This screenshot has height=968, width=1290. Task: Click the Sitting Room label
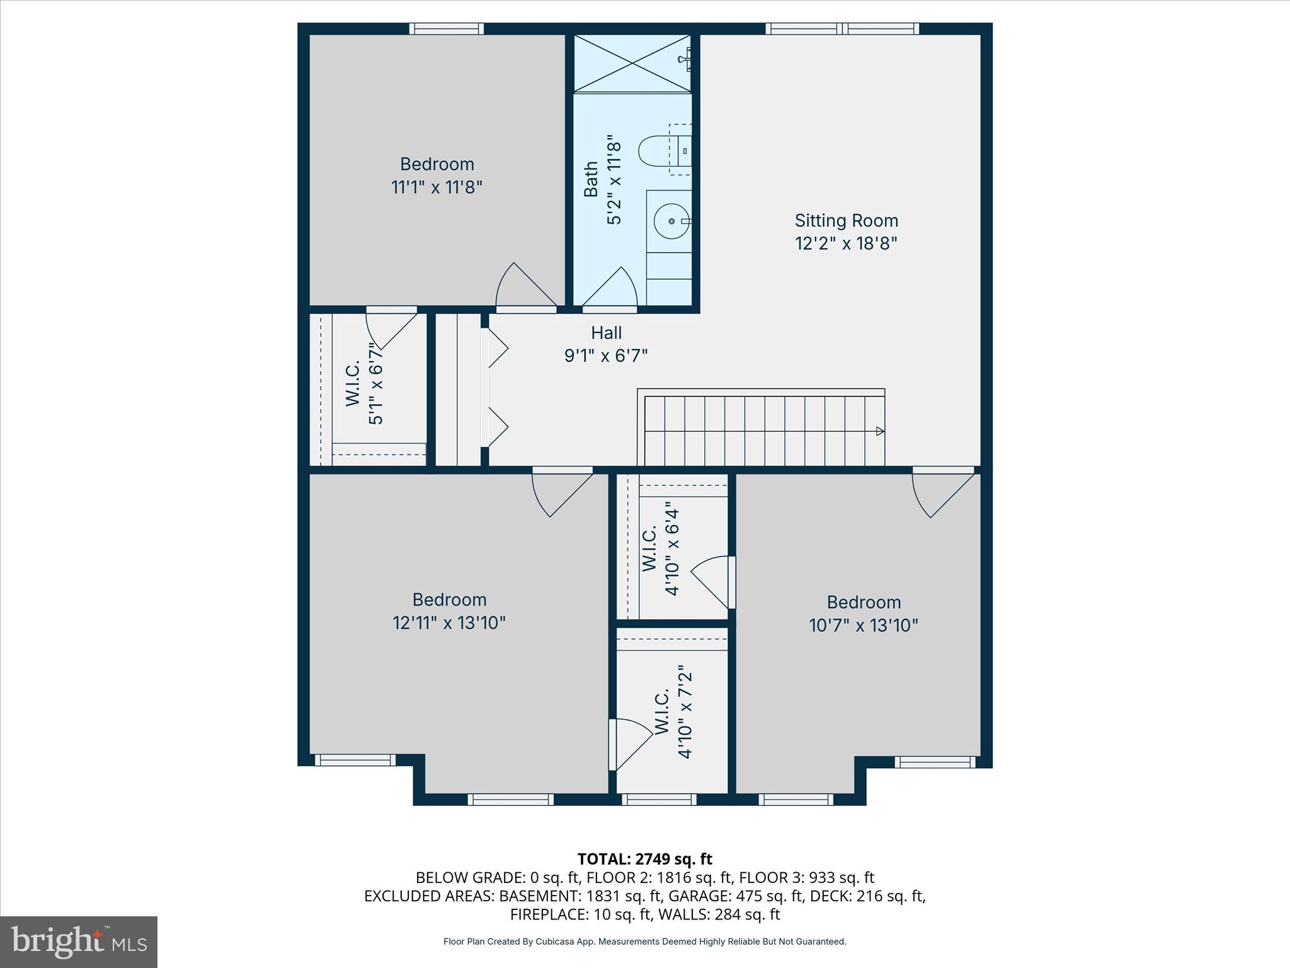(x=846, y=221)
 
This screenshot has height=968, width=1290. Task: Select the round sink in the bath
(x=670, y=221)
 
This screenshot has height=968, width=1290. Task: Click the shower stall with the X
(x=632, y=63)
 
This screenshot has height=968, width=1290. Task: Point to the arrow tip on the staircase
(x=881, y=431)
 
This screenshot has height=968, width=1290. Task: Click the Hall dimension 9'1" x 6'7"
(x=606, y=356)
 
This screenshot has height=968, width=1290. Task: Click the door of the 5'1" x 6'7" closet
(x=392, y=329)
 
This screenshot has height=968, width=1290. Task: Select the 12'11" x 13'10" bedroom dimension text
(x=449, y=623)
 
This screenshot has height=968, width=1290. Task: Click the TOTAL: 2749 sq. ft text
(x=644, y=859)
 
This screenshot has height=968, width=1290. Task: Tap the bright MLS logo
(x=79, y=942)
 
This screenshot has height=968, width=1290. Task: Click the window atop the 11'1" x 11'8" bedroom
(x=446, y=28)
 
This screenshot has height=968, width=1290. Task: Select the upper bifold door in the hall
(x=496, y=348)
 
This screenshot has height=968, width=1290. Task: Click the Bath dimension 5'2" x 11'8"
(x=614, y=183)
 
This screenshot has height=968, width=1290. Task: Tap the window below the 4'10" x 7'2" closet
(x=659, y=799)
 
